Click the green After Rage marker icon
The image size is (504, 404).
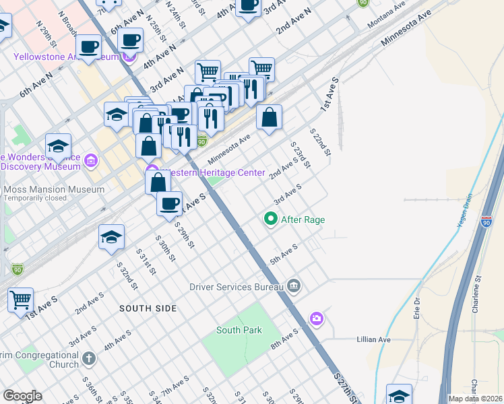point(271,219)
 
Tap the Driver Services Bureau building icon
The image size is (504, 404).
point(293,287)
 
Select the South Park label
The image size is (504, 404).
point(239,331)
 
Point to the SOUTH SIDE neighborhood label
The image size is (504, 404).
point(148,308)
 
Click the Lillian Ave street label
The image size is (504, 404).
point(373,340)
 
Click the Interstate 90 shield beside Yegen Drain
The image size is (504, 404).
point(487,222)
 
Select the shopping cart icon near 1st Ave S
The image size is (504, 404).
point(20,299)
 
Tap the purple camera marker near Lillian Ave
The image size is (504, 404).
point(316,318)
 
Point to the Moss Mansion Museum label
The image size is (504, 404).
point(54,190)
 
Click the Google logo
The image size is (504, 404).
point(22,396)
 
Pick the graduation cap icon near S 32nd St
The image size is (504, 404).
point(111,237)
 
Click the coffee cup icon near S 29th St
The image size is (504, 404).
point(169,203)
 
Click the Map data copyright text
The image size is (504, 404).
point(476,399)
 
